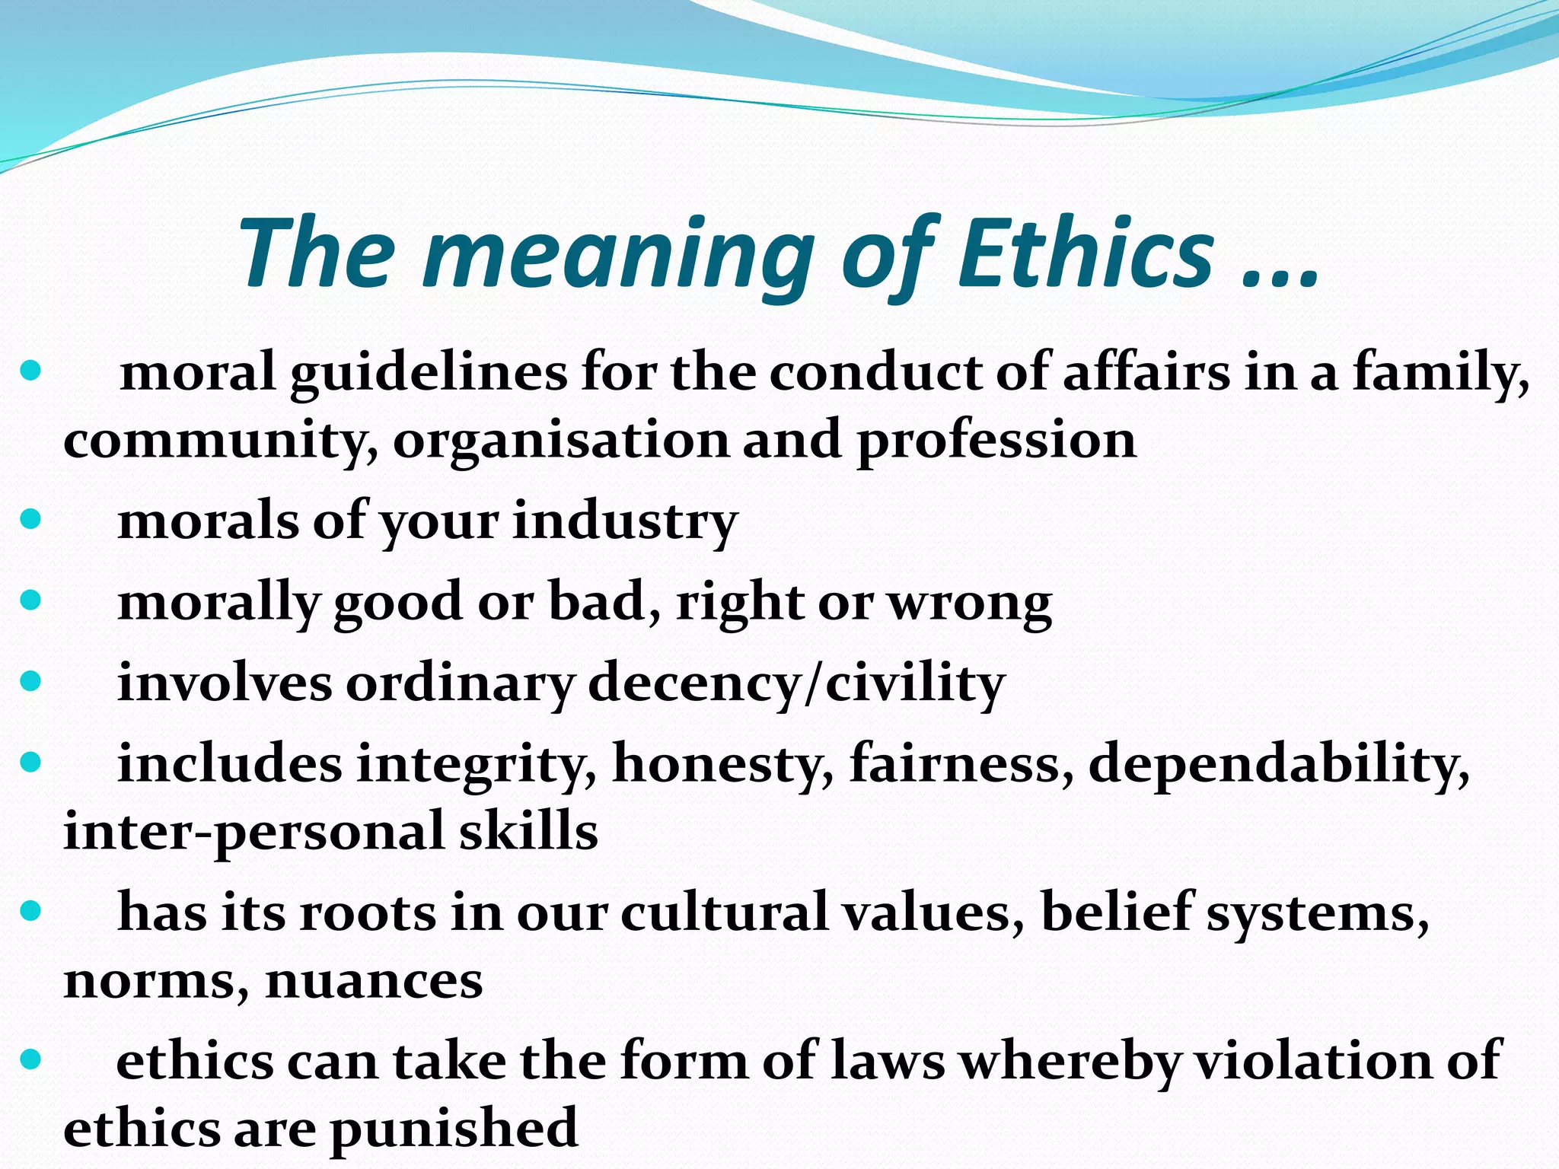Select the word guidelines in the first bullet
click(428, 375)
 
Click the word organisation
click(560, 441)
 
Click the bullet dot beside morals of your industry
click(30, 521)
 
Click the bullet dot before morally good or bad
click(30, 601)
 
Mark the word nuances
click(374, 980)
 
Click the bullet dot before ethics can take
click(30, 1059)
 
